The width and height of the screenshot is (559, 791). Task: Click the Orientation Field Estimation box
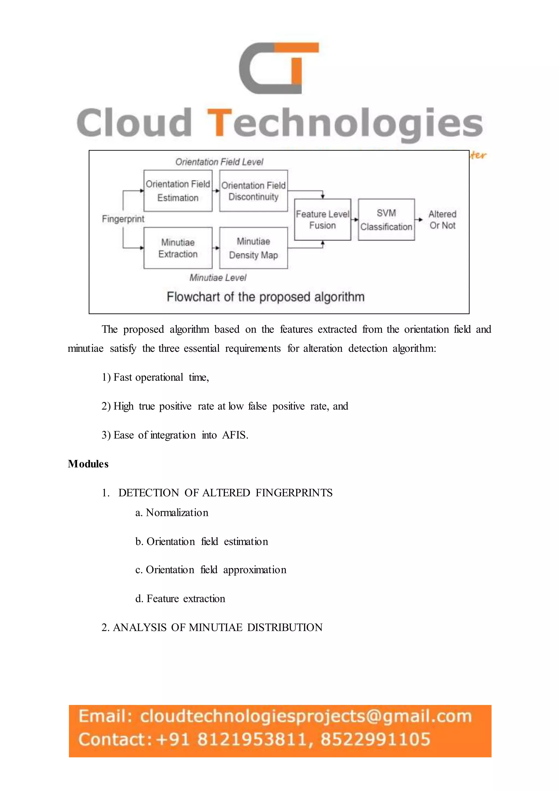(178, 191)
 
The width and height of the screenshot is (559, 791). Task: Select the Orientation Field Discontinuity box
(253, 191)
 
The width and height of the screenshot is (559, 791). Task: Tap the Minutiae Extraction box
(178, 248)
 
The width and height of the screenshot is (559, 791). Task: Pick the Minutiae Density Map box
(253, 248)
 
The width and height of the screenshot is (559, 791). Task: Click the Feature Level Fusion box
(323, 219)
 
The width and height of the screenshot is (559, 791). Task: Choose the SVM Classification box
(386, 219)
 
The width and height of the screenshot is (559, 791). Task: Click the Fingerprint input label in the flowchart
(123, 219)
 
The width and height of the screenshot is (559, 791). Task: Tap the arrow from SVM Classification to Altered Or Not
(419, 219)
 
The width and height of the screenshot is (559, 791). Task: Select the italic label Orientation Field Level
(219, 162)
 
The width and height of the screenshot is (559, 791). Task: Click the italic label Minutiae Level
(218, 278)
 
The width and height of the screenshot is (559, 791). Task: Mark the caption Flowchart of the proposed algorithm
(265, 297)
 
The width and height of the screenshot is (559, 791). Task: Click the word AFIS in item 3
(234, 435)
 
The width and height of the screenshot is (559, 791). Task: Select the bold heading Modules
(88, 464)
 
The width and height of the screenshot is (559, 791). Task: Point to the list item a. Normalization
(172, 513)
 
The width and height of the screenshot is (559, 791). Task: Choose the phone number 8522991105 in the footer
(375, 739)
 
